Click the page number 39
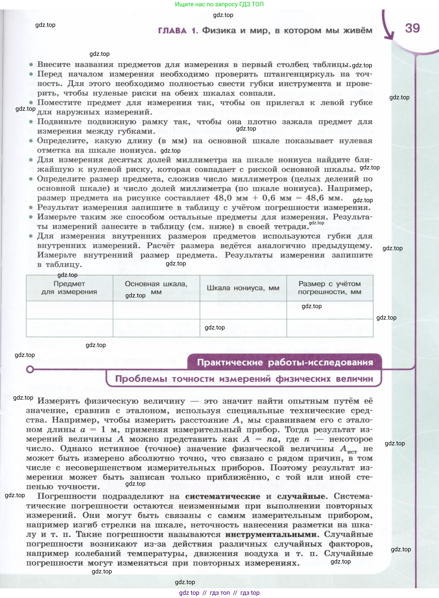412,28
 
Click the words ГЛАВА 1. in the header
178,31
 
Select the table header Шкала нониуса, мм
243,288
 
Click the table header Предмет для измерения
69,288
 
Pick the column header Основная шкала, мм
156,288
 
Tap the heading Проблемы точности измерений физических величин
244,379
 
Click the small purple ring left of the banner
30,370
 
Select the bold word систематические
223,496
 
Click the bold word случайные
301,496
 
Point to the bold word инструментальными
271,534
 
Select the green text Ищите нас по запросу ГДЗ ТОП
219,4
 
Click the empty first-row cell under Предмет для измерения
69,310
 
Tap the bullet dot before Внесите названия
31,64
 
